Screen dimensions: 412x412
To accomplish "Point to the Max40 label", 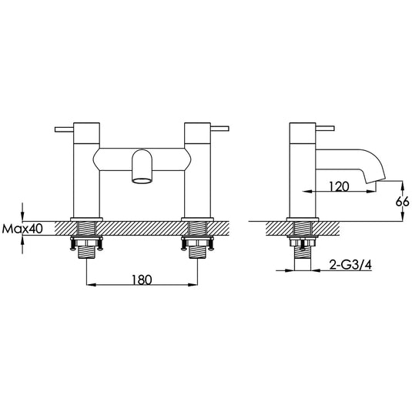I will click(x=23, y=229).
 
